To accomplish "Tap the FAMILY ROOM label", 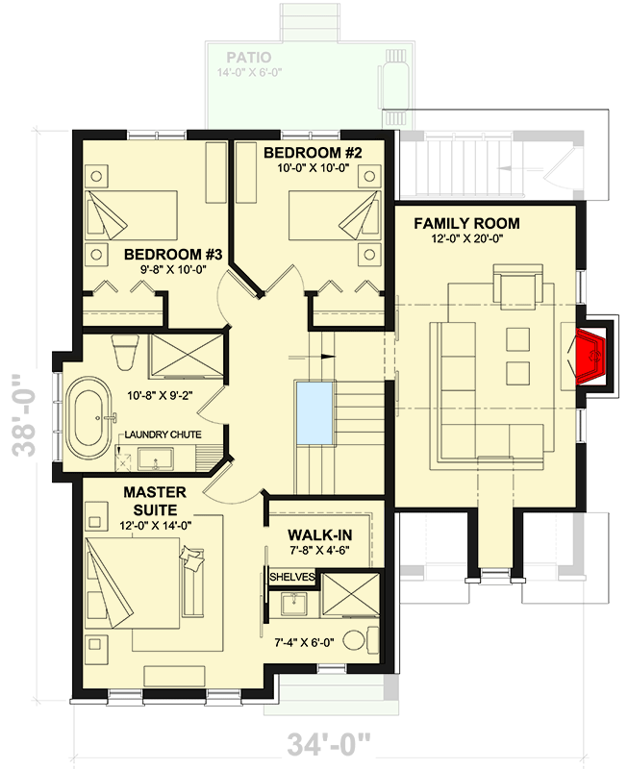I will [x=466, y=224].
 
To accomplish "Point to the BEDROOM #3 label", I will [x=173, y=254].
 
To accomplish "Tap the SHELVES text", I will [x=292, y=576].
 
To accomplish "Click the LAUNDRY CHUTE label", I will [x=165, y=435].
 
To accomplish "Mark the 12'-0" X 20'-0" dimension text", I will [x=466, y=240].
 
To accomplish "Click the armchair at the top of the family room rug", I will [x=517, y=286].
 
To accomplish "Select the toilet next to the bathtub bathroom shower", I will [x=123, y=352].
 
